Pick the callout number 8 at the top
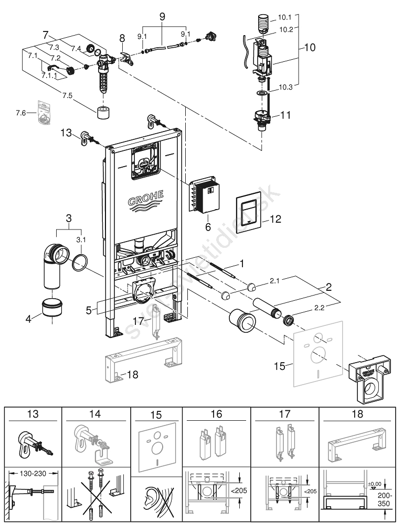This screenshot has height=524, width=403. pos(122,38)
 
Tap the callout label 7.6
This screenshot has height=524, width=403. pos(22,113)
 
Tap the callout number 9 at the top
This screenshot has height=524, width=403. pos(162,16)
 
